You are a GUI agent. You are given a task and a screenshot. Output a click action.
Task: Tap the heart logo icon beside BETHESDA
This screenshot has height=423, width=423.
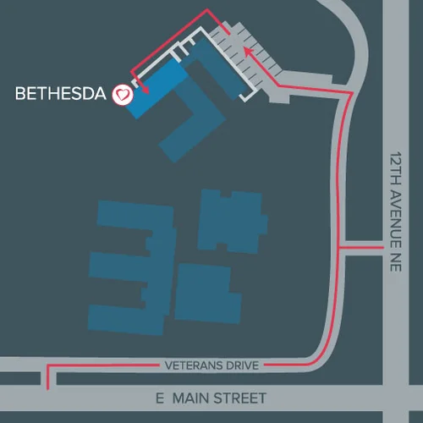pyautogui.click(x=124, y=95)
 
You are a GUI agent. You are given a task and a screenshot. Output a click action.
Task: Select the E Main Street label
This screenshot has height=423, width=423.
pyautogui.click(x=211, y=398)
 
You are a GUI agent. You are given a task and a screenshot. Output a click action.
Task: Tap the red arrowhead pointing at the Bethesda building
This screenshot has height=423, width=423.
pyautogui.click(x=146, y=88)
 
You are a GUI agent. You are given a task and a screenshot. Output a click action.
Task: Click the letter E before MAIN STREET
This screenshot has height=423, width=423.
pyautogui.click(x=160, y=398)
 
